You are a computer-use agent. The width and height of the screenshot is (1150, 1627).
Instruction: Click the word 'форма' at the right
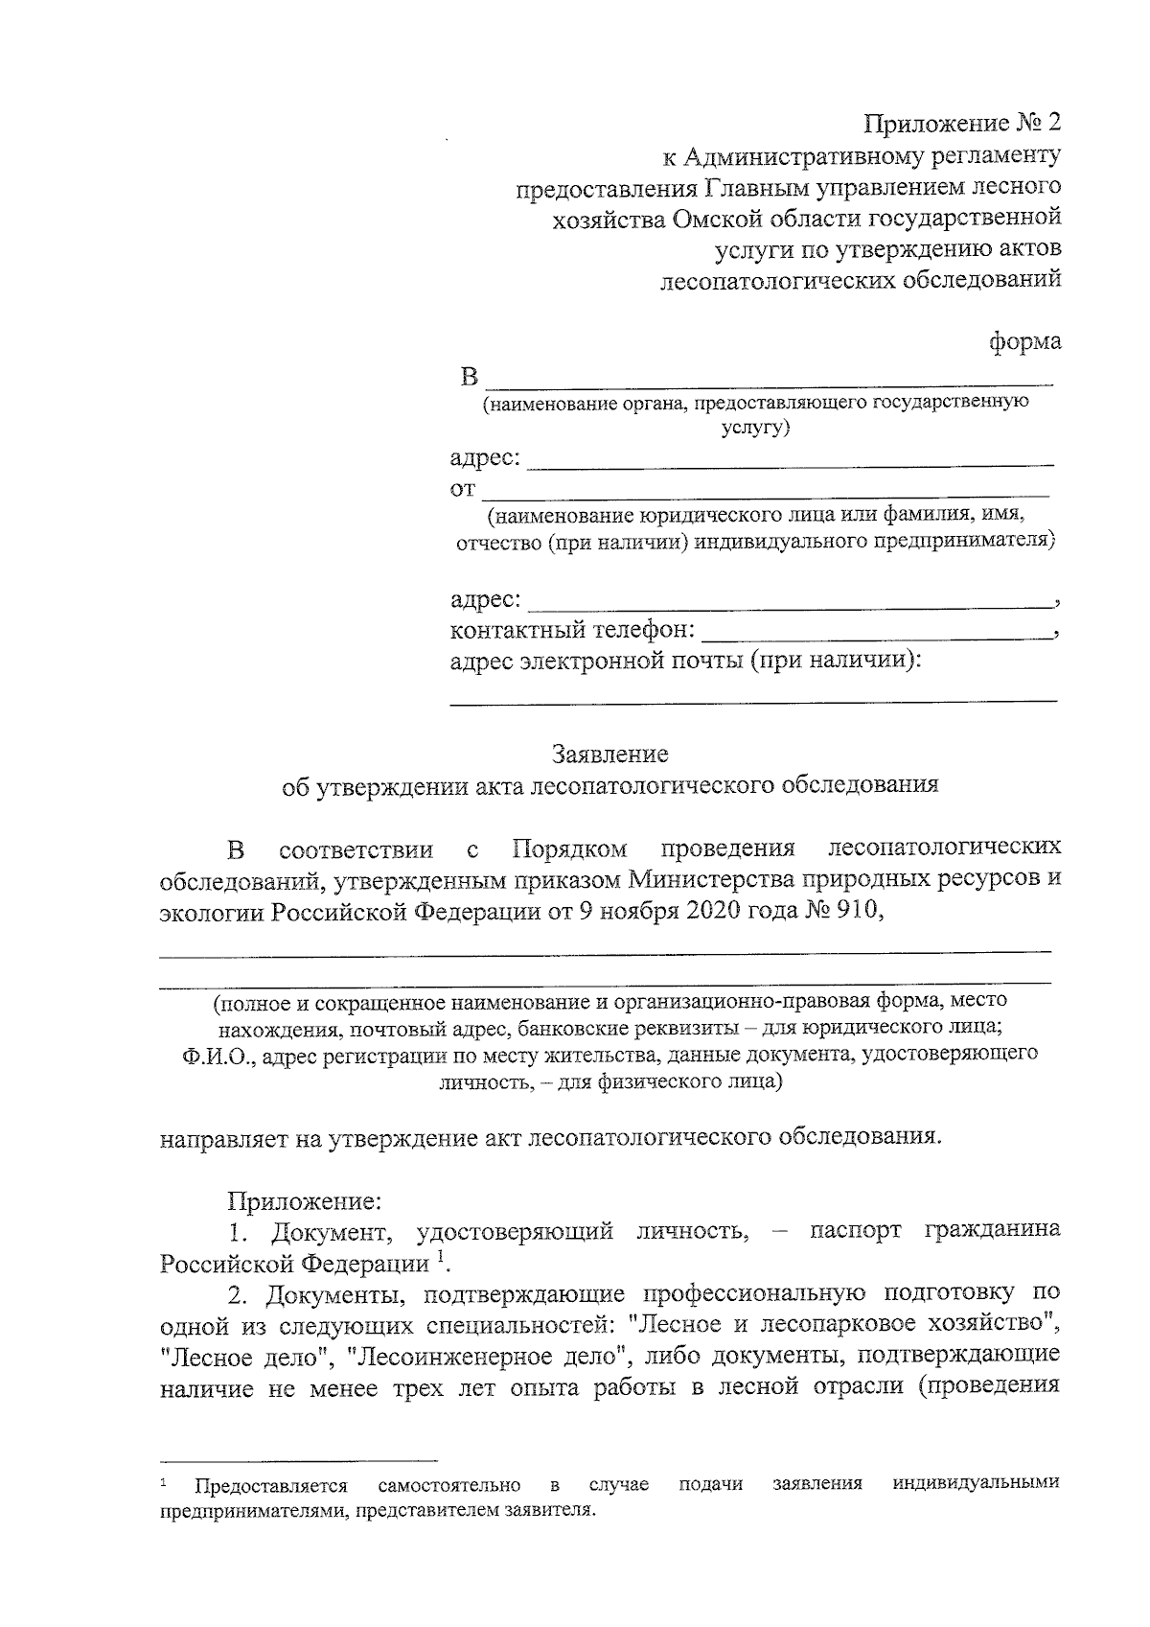[x=1025, y=341]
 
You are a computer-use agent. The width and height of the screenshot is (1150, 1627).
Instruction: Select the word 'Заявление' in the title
[x=609, y=754]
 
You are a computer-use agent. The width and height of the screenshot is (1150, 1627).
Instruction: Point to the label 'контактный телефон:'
[x=572, y=630]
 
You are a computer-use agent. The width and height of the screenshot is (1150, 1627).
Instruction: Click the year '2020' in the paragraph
[x=712, y=910]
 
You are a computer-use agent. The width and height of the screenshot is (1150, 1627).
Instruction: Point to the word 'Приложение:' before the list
[x=305, y=1199]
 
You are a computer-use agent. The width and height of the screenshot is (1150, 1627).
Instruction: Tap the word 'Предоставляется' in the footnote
[x=271, y=1512]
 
